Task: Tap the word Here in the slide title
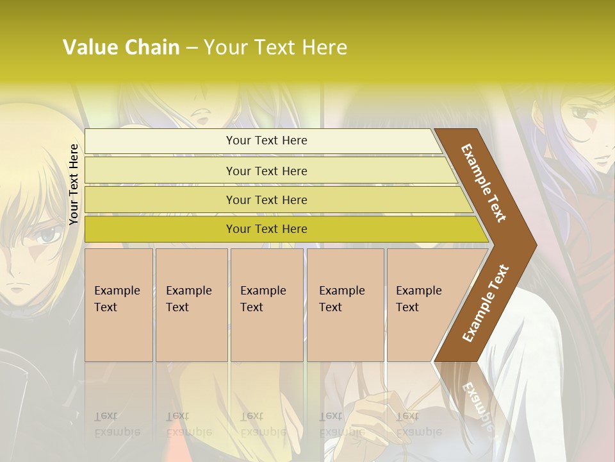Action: point(324,47)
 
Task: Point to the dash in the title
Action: point(192,48)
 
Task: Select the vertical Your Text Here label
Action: point(74,184)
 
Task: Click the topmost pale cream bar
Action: point(160,141)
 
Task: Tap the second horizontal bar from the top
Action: point(160,171)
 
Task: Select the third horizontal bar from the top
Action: point(160,200)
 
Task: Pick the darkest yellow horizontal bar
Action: point(160,229)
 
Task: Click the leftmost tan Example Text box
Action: point(119,305)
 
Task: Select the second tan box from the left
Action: point(191,305)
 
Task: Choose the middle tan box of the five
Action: point(266,305)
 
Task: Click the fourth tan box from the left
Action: point(345,305)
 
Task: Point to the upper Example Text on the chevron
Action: point(484,183)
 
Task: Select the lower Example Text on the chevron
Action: point(485,304)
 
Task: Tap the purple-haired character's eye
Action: point(582,114)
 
